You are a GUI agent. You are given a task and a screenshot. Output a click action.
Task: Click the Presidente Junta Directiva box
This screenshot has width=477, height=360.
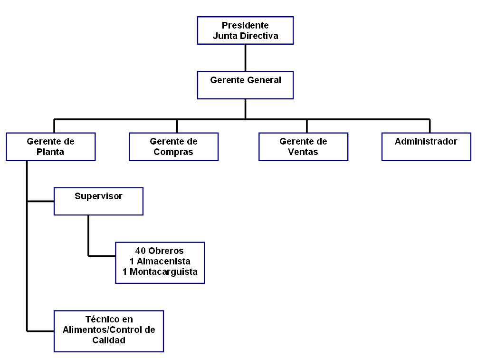(x=245, y=30)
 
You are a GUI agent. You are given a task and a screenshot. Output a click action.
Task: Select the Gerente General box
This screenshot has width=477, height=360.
(x=245, y=85)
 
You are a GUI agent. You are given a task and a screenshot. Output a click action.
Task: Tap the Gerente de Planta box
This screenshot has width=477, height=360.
(x=50, y=146)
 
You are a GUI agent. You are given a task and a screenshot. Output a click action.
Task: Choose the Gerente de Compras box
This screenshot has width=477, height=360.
(x=174, y=146)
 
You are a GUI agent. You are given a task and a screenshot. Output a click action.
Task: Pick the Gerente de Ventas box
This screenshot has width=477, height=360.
(x=303, y=146)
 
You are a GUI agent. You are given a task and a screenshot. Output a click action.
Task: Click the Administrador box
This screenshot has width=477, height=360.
(x=426, y=146)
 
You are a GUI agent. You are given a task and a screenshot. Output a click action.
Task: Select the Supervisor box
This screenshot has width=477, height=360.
(x=98, y=201)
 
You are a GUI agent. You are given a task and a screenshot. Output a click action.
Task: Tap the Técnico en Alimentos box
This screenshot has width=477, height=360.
(x=109, y=331)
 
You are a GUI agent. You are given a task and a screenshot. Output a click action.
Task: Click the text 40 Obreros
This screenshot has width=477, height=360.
(x=160, y=251)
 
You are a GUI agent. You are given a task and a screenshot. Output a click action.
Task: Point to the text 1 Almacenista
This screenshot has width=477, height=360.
(x=160, y=261)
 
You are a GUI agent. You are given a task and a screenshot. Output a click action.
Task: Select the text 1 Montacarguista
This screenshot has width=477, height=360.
(x=160, y=272)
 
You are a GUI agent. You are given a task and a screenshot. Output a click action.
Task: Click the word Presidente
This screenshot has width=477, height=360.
(x=245, y=25)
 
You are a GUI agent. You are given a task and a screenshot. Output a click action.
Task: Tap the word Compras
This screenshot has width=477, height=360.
(x=173, y=152)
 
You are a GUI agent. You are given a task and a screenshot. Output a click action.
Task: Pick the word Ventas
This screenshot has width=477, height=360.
(x=303, y=152)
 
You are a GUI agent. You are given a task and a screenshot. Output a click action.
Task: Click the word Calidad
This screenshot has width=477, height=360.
(x=109, y=340)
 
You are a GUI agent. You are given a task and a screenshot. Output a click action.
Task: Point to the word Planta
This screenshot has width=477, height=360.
(x=50, y=152)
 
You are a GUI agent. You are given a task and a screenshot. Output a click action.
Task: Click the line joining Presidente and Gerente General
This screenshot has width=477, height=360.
(x=246, y=58)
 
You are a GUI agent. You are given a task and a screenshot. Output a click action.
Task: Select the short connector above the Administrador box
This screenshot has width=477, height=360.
(x=430, y=126)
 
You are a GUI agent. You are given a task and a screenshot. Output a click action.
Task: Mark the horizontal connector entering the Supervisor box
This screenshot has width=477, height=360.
(x=40, y=201)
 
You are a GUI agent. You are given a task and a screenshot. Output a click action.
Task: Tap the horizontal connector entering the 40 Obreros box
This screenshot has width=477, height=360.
(x=102, y=256)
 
